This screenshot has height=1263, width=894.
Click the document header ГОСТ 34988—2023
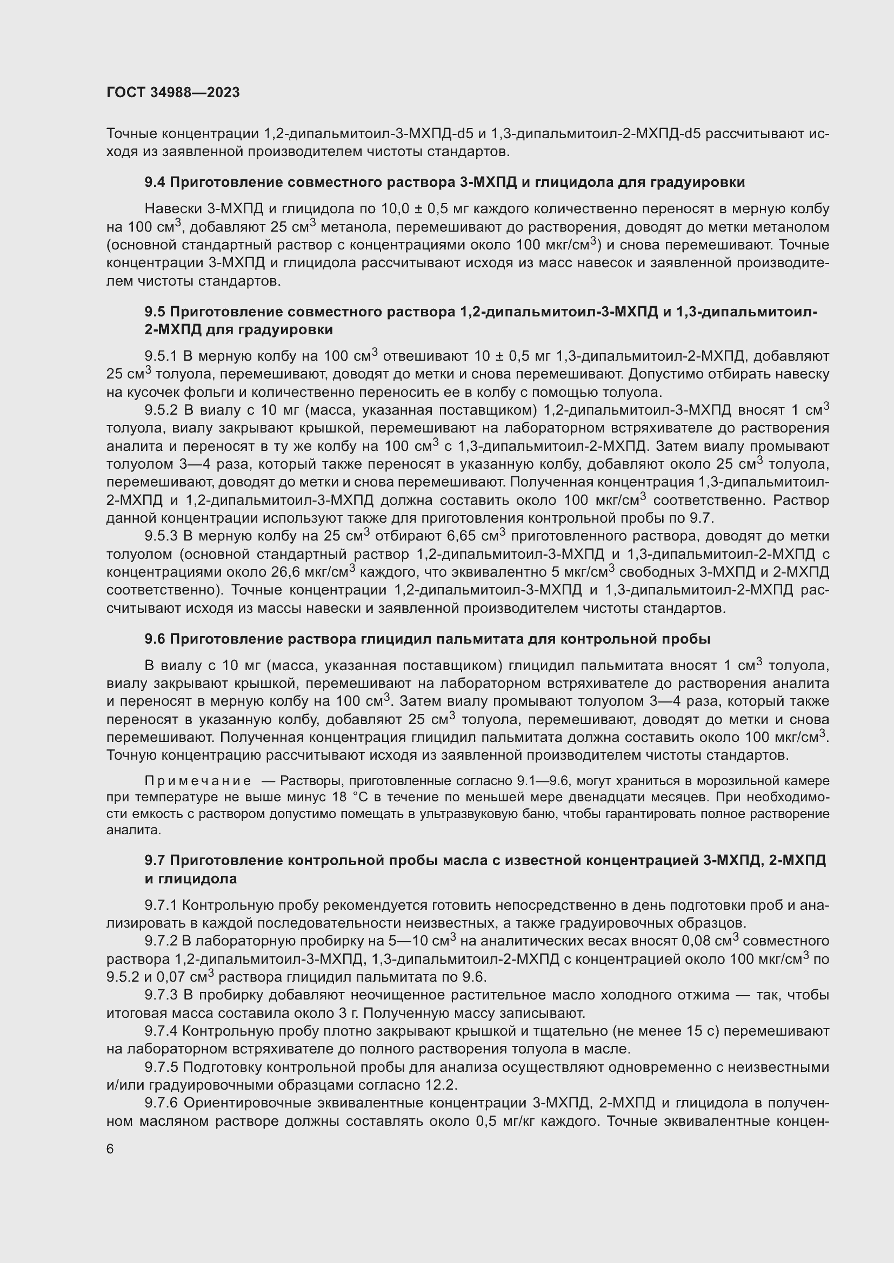pyautogui.click(x=173, y=92)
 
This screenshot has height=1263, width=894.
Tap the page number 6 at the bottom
pyautogui.click(x=110, y=1149)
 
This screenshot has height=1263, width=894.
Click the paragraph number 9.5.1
pyautogui.click(x=161, y=356)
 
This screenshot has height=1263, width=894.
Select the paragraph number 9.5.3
pyautogui.click(x=161, y=536)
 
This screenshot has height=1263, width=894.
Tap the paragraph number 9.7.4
pyautogui.click(x=161, y=1031)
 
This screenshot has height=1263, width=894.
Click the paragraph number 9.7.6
pyautogui.click(x=161, y=1103)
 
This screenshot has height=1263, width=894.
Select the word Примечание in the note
pyautogui.click(x=198, y=781)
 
